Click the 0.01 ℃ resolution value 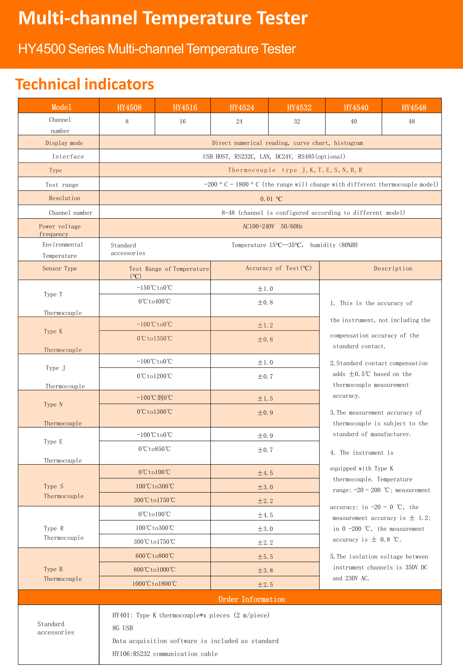click(271, 199)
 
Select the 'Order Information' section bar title click(252, 599)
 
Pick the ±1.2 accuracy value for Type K click(265, 325)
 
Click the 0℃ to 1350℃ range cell click(155, 338)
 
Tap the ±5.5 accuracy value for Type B click(265, 557)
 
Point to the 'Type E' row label click(53, 442)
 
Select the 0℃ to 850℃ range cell click(155, 449)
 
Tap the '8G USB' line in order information click(123, 628)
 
